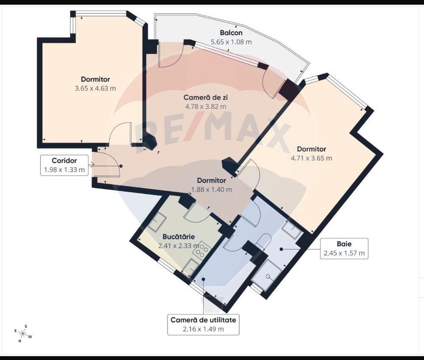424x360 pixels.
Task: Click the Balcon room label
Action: [x=231, y=33]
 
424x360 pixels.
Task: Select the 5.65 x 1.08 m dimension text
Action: [x=231, y=42]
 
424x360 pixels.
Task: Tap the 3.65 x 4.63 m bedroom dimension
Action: [x=95, y=88]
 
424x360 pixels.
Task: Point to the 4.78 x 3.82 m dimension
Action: [x=206, y=106]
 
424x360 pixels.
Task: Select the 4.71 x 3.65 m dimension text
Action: [x=311, y=158]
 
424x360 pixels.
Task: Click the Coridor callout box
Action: [x=64, y=165]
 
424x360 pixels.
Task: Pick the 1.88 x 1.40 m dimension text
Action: [x=211, y=189]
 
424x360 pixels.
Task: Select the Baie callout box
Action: [x=344, y=249]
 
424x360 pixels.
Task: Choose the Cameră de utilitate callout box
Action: [x=204, y=324]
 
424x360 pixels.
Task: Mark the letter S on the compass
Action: [x=26, y=326]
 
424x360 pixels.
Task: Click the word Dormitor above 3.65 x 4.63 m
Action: [x=95, y=80]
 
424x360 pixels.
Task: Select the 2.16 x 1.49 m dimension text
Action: [x=204, y=329]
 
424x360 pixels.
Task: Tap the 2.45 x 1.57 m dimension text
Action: [x=344, y=253]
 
